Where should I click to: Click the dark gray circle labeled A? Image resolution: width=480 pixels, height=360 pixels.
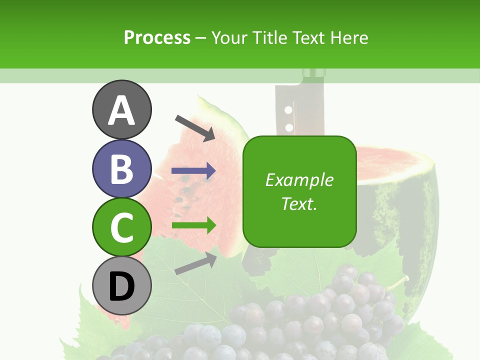121,109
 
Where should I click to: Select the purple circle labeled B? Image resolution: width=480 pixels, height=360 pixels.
121,168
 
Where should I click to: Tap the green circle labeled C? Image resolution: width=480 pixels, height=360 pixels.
121,227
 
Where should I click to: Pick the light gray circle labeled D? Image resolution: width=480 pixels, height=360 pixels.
121,286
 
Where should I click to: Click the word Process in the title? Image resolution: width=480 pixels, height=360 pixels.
157,37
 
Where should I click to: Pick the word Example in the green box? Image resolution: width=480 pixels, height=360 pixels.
299,180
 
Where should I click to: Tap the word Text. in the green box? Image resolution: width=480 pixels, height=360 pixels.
299,204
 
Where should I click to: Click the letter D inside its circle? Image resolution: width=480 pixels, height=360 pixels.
121,287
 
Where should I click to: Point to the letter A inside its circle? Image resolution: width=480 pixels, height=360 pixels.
121,110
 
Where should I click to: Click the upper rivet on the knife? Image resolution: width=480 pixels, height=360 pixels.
288,109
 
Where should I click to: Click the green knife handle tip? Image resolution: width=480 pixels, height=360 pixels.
314,74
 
